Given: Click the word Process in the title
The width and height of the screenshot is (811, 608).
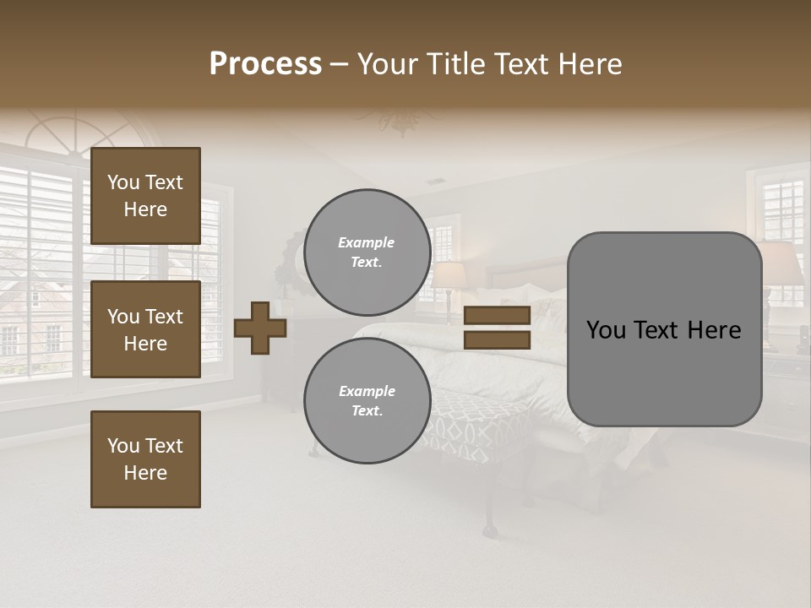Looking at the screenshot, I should [265, 64].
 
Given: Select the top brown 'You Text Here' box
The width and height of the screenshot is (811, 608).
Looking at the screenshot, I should [145, 196].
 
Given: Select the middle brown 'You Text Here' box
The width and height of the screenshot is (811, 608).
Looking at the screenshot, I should [145, 329].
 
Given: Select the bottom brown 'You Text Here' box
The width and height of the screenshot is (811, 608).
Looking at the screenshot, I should [145, 459].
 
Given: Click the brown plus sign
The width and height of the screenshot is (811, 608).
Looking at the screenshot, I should [260, 328].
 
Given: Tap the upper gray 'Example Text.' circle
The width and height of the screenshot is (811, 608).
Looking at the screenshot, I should [367, 252].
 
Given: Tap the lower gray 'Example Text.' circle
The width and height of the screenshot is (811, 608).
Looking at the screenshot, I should [367, 401].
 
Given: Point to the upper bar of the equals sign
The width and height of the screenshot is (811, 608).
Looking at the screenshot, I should [497, 315].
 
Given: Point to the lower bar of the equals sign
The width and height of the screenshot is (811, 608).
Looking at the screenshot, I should [497, 339].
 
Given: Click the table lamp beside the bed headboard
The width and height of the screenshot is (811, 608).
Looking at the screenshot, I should [448, 279].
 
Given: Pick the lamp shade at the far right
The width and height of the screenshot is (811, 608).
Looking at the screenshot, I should [781, 262].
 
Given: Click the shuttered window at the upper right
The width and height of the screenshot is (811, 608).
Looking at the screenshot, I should [782, 211].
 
